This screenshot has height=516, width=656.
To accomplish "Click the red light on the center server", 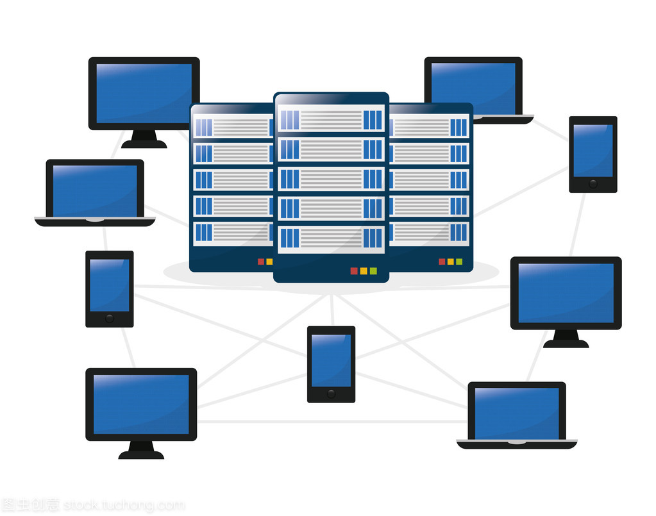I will (x=353, y=270).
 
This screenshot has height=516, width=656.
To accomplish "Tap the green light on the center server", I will (x=373, y=270).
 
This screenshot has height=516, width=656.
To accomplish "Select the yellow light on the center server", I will (x=364, y=270).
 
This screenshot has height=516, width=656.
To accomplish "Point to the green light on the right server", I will (x=459, y=262).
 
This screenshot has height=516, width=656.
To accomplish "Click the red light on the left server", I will (x=260, y=262).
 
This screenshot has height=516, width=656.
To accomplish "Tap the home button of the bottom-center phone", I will (x=331, y=392).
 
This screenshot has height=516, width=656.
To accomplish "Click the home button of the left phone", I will (x=110, y=317).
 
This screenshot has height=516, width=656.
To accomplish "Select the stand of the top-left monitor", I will (x=144, y=139).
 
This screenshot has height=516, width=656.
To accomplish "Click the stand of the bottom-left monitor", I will (x=141, y=450).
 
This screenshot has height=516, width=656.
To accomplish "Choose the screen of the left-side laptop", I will (x=95, y=190).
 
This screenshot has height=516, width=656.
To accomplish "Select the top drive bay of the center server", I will (x=331, y=120).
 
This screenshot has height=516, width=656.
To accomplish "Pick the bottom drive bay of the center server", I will (x=331, y=238).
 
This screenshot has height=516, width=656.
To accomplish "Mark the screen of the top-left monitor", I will (x=144, y=93).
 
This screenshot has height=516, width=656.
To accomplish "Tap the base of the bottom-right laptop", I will (x=517, y=444).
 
